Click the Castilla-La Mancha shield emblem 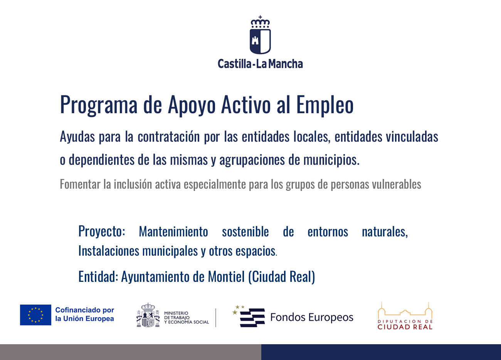tap(260, 42)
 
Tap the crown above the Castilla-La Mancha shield tap(260, 22)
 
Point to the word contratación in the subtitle tap(169, 137)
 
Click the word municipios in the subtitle tap(331, 160)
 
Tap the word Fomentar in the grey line tap(80, 184)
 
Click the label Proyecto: tap(101, 231)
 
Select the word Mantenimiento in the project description tap(173, 231)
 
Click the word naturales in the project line tap(385, 232)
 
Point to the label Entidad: tap(98, 277)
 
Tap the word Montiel tap(226, 277)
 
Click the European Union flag tap(35, 315)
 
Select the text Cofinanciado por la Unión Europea tap(84, 314)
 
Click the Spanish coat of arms tap(148, 315)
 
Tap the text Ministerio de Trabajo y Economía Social tap(186, 318)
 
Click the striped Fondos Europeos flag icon tap(249, 316)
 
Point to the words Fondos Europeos tap(312, 317)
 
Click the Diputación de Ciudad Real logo tap(405, 316)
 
